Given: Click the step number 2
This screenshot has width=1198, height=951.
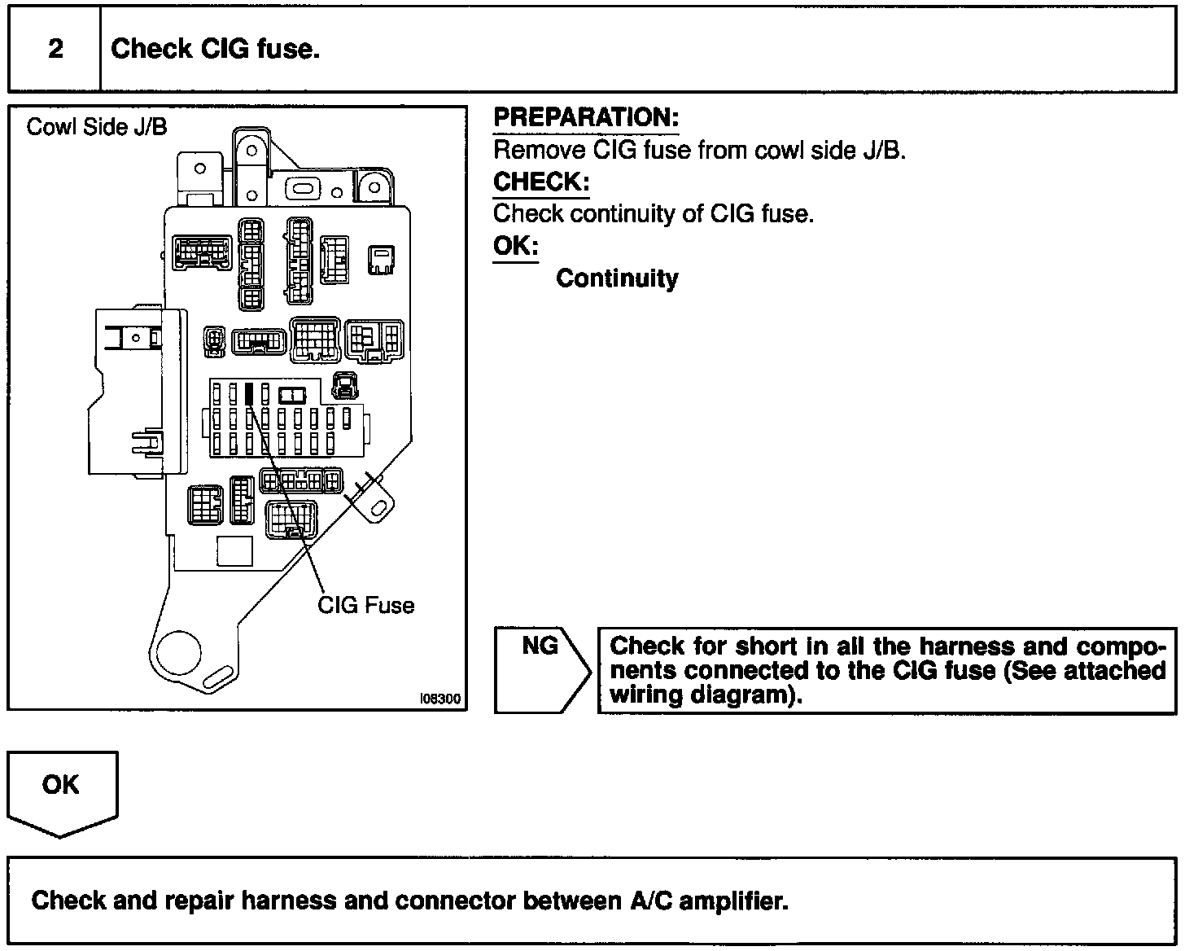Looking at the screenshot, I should (55, 49).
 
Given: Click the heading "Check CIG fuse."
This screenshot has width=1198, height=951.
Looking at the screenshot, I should (215, 49).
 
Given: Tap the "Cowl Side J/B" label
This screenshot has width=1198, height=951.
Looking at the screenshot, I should (97, 127).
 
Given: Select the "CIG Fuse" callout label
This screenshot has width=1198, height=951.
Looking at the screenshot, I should (365, 605).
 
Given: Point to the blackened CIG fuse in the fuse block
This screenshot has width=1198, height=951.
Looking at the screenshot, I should (249, 393).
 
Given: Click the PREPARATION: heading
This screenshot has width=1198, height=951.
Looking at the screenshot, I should (585, 118).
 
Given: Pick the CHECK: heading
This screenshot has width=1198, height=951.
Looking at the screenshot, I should (540, 182).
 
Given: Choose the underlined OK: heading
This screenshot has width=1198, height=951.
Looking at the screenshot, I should (515, 246).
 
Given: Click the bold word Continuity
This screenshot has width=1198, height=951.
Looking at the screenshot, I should (617, 278).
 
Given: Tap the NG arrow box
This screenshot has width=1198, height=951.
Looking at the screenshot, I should (541, 669).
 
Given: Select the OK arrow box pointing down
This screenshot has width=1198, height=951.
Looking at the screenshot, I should (62, 790).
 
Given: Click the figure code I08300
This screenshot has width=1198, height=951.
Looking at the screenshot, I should (439, 699).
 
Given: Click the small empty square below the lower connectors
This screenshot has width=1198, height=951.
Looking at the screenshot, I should (234, 551).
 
